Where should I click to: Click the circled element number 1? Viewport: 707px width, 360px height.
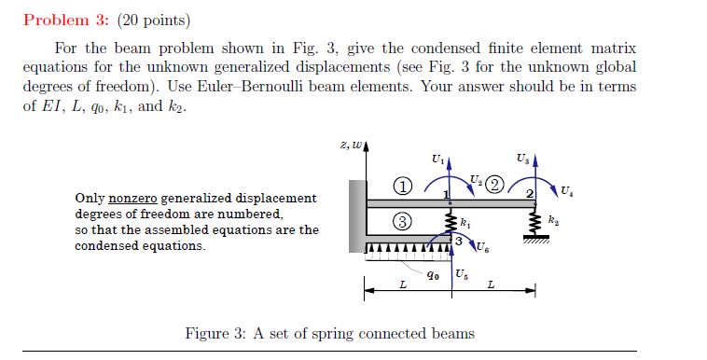402,186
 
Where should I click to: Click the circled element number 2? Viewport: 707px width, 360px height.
495,183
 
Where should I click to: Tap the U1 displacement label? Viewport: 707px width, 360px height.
439,160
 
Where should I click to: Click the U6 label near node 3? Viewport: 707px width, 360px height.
481,248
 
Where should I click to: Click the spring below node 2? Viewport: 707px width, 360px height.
534,222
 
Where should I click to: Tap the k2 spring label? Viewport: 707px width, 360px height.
555,220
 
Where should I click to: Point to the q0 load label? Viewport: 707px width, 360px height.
433,274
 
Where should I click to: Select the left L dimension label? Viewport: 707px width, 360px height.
402,284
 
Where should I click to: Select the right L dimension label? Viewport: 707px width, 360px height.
491,284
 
